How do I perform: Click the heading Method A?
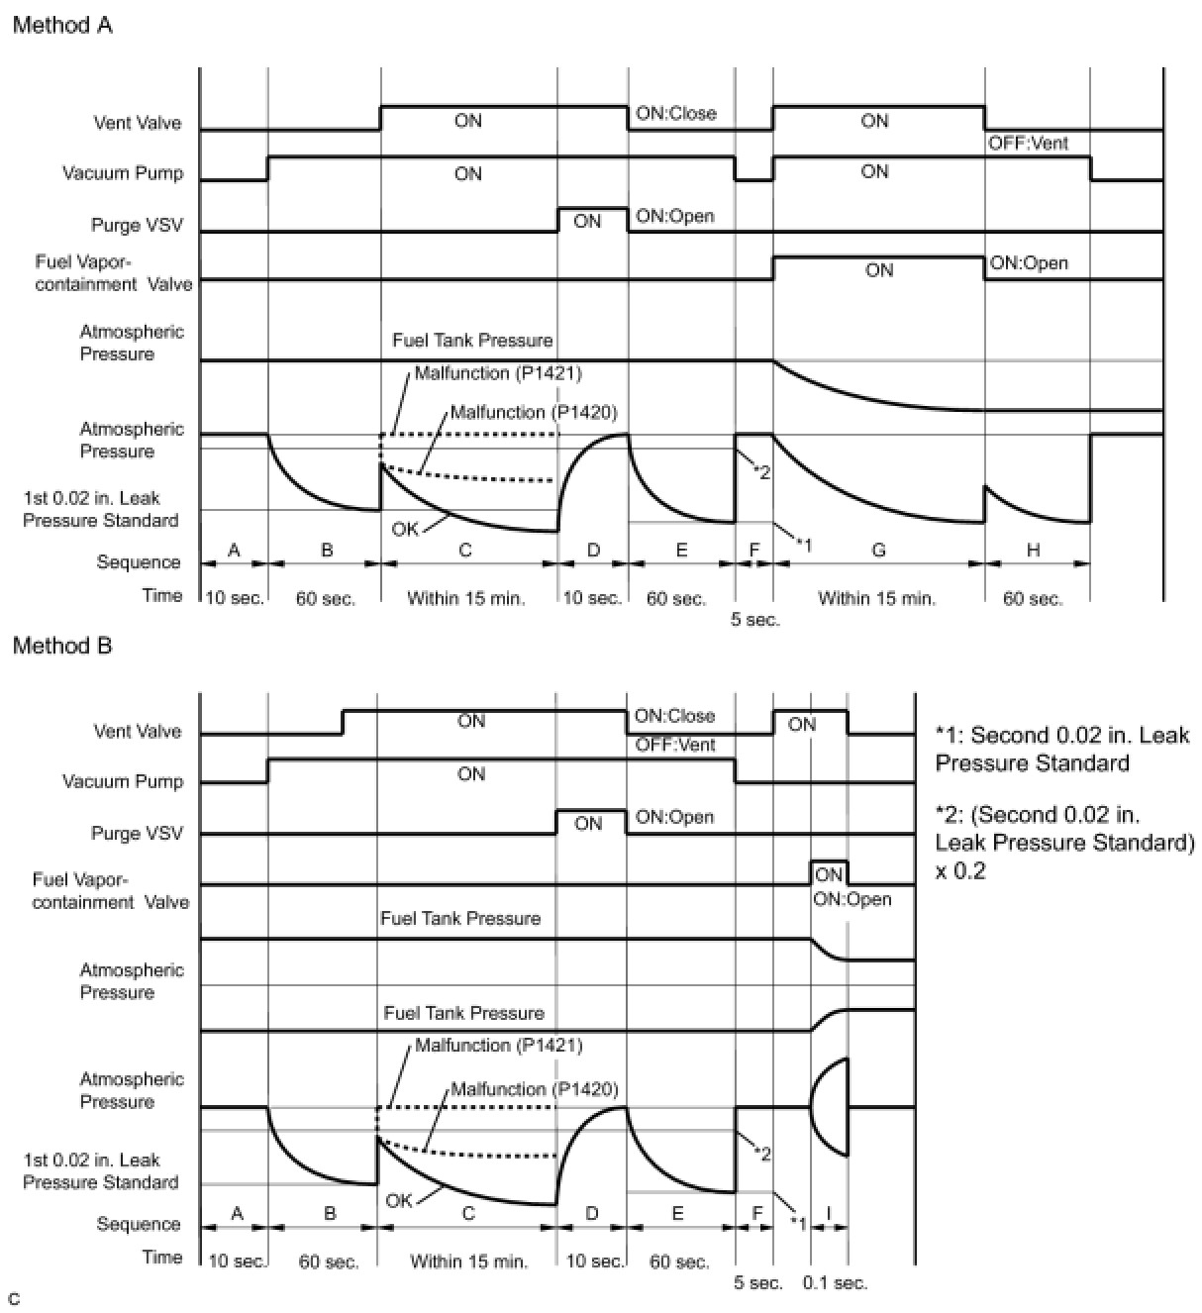62,26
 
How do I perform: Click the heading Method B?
62,646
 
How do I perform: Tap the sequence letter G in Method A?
878,550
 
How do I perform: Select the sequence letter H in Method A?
1033,550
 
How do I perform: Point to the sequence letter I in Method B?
829,1212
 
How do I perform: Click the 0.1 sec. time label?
835,1283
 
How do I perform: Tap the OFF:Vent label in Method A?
1029,144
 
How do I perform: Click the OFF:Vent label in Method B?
675,745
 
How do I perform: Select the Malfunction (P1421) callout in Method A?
498,373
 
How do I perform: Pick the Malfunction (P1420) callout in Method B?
535,1089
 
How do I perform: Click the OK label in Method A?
405,529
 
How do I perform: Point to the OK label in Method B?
399,1200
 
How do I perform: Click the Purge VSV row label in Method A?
137,225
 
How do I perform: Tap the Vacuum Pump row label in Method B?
123,781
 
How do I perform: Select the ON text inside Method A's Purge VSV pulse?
587,221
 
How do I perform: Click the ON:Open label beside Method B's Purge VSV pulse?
674,818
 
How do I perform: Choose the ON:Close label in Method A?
675,113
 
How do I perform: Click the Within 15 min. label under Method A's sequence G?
877,598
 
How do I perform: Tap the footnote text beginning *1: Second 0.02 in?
1061,749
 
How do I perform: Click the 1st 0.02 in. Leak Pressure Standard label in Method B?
100,1171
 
